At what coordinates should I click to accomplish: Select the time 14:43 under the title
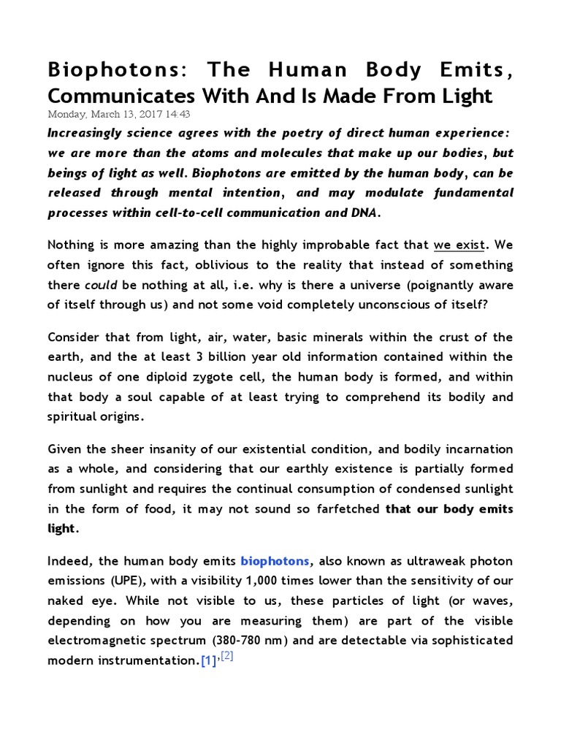pyautogui.click(x=179, y=115)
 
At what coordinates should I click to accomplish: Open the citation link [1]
pyautogui.click(x=209, y=660)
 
